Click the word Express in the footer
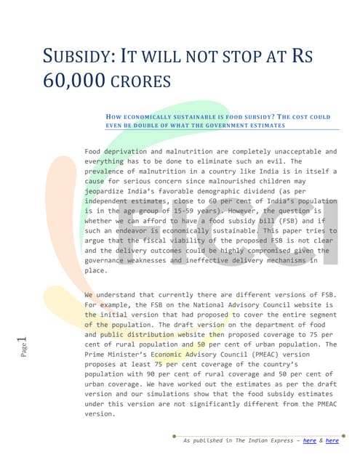[x=280, y=440]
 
